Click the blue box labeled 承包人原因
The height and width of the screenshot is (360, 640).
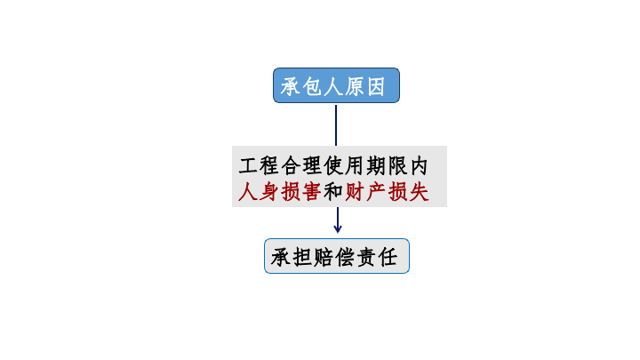(336, 85)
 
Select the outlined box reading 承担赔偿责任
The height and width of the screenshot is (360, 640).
(337, 256)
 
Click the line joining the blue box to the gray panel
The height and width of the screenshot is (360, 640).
(336, 125)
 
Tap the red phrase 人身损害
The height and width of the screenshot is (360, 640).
(280, 191)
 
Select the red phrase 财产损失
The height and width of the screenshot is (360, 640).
(387, 191)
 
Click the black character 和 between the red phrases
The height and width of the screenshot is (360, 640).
(333, 191)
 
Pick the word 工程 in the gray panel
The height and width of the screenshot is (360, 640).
(259, 165)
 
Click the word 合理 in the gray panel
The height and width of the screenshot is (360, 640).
(301, 165)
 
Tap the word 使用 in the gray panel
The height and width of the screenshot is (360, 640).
(344, 165)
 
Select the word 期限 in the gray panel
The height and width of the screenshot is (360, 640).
(387, 165)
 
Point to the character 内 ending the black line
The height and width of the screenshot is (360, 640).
(419, 165)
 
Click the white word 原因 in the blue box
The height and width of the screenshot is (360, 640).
(365, 86)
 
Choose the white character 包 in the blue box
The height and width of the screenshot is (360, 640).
(312, 86)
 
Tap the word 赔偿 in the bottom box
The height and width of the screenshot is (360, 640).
(334, 257)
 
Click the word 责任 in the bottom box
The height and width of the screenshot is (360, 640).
(377, 257)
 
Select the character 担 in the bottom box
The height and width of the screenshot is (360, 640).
(302, 257)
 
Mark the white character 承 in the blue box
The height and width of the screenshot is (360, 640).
(291, 86)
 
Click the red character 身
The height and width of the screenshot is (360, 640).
(268, 191)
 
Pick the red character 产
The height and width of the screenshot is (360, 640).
(376, 191)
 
